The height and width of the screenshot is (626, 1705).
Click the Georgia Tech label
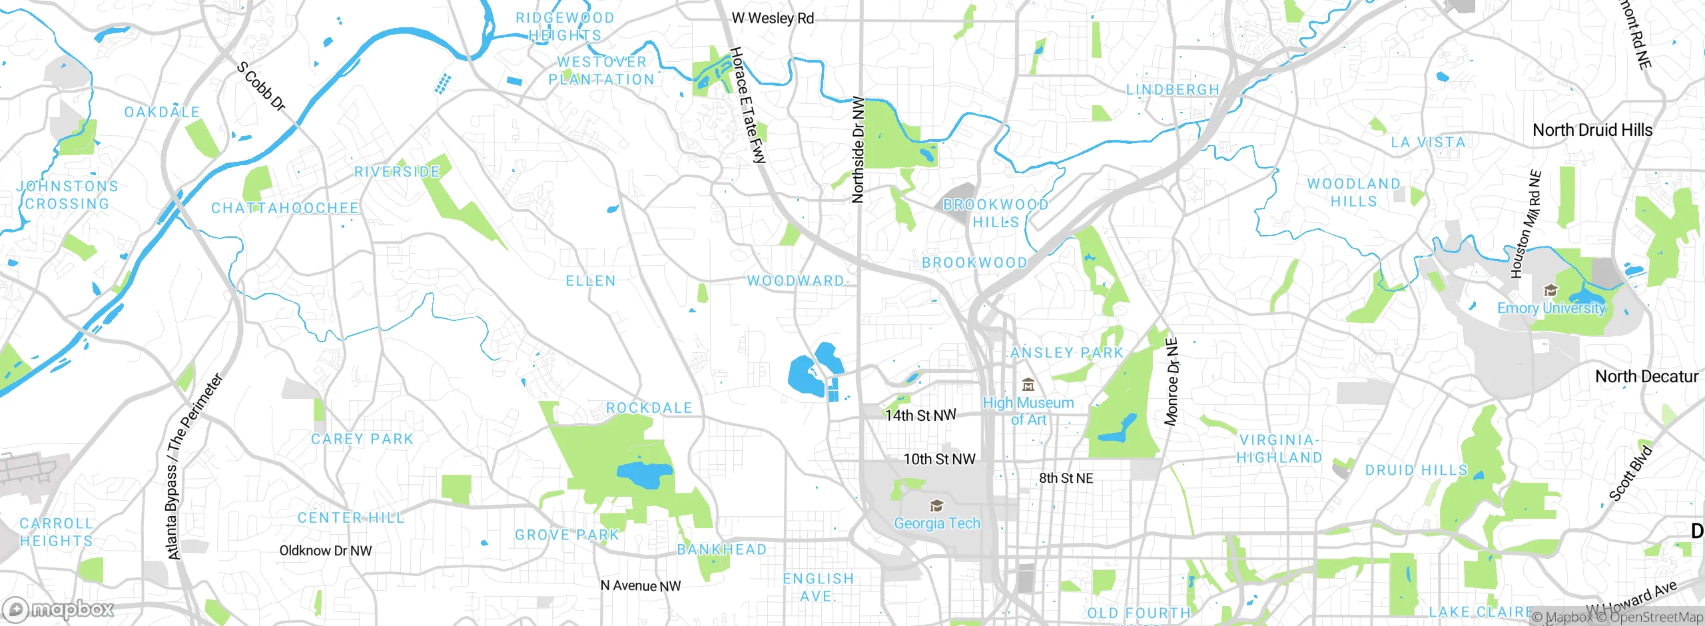(937, 523)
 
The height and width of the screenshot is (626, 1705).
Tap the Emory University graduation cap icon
(1551, 290)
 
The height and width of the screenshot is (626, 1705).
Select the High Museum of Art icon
(1028, 385)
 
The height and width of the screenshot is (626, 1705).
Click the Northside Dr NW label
(858, 150)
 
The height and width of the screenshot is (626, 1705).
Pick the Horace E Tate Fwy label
(749, 105)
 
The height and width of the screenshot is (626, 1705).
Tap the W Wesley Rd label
(773, 19)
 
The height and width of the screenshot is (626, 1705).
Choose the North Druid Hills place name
(1592, 130)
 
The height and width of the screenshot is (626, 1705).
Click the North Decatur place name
(1646, 376)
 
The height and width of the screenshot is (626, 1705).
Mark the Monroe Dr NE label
(1172, 382)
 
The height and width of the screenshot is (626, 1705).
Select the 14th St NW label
(920, 416)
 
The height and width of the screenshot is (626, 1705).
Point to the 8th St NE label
(1066, 478)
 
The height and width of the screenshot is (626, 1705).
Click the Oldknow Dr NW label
(326, 551)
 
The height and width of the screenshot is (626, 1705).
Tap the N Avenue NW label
(641, 586)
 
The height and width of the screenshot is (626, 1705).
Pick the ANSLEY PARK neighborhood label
(1066, 353)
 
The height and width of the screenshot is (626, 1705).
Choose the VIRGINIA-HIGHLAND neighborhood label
(1279, 449)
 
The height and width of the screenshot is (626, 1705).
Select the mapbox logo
(59, 609)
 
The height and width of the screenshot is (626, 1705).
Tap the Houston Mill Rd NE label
(1525, 224)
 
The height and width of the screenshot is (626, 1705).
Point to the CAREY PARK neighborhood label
(362, 439)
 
